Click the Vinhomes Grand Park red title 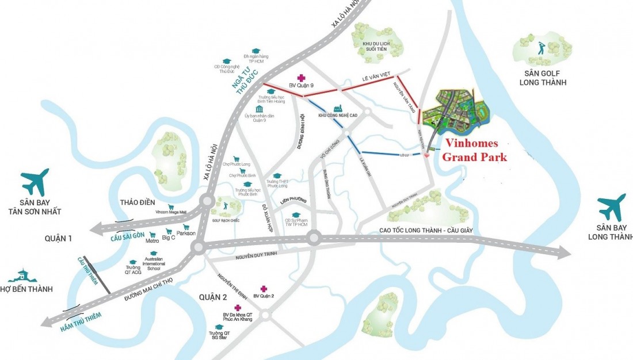(475, 150)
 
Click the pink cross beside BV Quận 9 (300, 78)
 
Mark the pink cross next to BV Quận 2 (264, 289)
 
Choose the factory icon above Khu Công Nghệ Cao (338, 108)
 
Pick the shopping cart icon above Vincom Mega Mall (170, 206)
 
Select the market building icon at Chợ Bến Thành (23, 275)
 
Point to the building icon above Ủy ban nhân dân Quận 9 (260, 109)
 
